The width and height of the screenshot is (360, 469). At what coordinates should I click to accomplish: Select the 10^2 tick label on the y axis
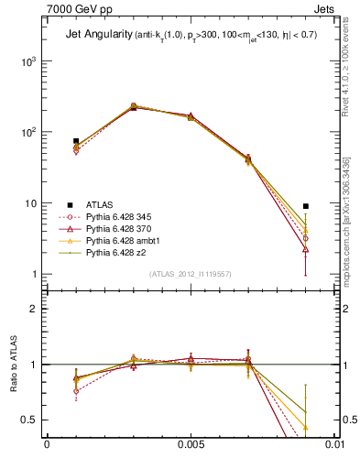(30, 132)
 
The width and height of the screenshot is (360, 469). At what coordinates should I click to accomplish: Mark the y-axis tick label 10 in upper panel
(32, 202)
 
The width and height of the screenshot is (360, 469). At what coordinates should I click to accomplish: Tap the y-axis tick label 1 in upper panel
(37, 274)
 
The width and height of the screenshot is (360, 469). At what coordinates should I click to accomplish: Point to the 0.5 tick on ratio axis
(32, 420)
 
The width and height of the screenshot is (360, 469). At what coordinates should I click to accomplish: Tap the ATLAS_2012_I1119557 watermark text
(190, 274)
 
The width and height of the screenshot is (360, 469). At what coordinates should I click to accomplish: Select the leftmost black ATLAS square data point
(76, 141)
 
